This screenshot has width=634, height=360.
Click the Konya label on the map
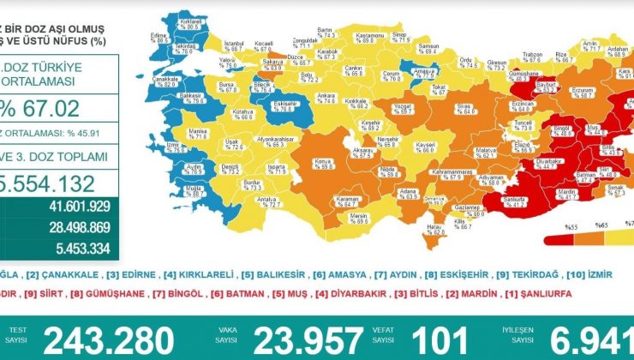(323, 163)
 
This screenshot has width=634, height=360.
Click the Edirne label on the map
(157, 38)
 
